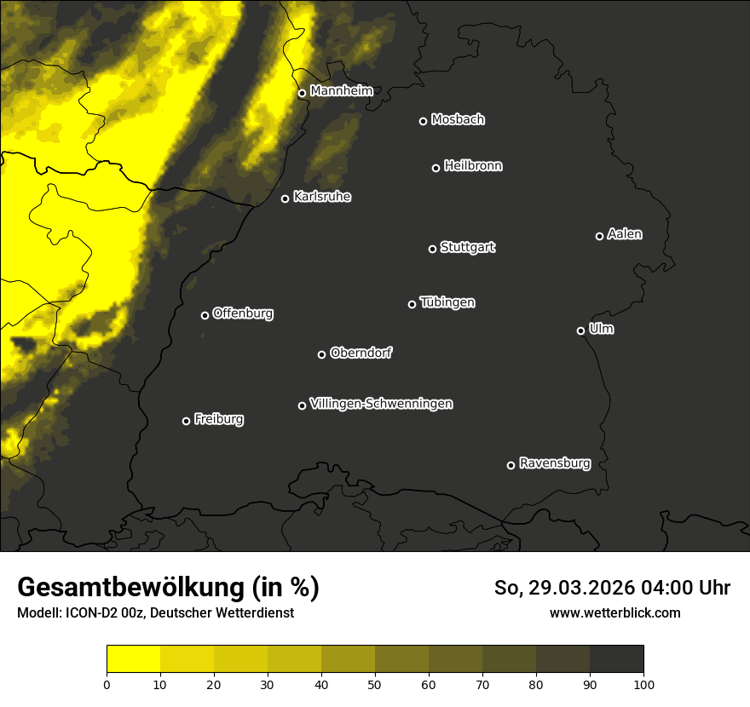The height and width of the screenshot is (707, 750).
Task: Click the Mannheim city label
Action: pyautogui.click(x=341, y=90)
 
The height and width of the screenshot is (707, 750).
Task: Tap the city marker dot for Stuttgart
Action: pyautogui.click(x=432, y=249)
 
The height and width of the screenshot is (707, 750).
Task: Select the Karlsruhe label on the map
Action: pyautogui.click(x=321, y=197)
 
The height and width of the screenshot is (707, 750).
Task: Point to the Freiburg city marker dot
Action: pyautogui.click(x=186, y=421)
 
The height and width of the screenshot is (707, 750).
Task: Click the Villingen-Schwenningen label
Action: pyautogui.click(x=381, y=404)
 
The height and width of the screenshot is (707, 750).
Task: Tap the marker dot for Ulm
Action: pyautogui.click(x=580, y=331)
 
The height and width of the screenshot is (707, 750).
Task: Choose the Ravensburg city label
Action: pyautogui.click(x=554, y=463)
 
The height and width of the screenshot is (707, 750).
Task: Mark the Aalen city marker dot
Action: pyautogui.click(x=599, y=236)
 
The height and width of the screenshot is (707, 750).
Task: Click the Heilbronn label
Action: pyautogui.click(x=473, y=166)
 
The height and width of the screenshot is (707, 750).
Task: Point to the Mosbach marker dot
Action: pyautogui.click(x=423, y=121)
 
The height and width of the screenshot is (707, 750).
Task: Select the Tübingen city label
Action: pyautogui.click(x=447, y=302)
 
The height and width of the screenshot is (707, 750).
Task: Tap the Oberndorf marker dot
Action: pyautogui.click(x=321, y=354)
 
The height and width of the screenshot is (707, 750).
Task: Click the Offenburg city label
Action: pyautogui.click(x=243, y=313)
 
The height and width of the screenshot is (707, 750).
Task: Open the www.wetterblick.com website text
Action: pyautogui.click(x=614, y=612)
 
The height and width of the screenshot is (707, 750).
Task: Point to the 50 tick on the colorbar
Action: pyautogui.click(x=375, y=683)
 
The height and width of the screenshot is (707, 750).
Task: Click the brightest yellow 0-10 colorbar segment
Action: pyautogui.click(x=133, y=659)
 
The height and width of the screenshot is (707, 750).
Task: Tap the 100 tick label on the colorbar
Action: pyautogui.click(x=643, y=683)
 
